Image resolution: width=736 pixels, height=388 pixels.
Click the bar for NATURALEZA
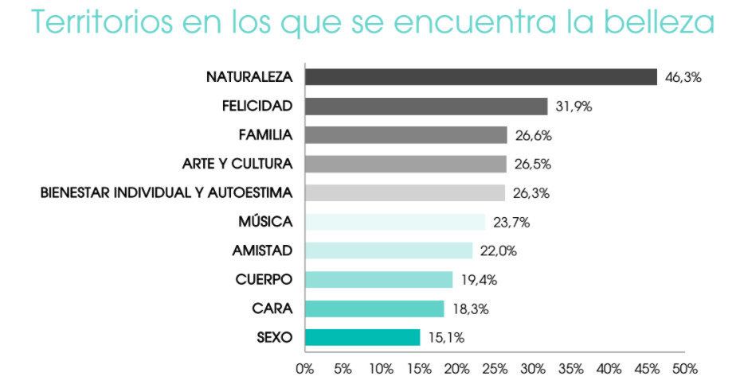click(480, 77)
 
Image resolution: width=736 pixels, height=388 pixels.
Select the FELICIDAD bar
click(426, 107)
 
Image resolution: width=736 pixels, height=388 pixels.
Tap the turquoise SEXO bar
click(362, 337)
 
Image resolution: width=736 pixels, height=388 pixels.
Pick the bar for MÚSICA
click(394, 222)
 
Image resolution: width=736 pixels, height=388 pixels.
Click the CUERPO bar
click(378, 280)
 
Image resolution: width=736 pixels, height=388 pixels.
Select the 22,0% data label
click(499, 251)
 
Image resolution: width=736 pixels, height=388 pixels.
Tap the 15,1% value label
click(446, 338)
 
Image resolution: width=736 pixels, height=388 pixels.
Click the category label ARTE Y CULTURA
click(237, 164)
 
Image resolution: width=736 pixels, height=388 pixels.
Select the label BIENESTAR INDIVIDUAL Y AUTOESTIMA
click(166, 193)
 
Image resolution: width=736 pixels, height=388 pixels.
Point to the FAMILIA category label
click(265, 135)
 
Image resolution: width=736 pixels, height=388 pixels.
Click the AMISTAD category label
click(262, 250)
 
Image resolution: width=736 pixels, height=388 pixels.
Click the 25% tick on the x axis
click(495, 369)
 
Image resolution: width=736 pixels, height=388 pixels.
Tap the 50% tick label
click(685, 369)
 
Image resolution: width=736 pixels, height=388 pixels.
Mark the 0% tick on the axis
click(305, 369)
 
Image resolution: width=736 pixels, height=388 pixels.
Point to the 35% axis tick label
click(571, 369)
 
